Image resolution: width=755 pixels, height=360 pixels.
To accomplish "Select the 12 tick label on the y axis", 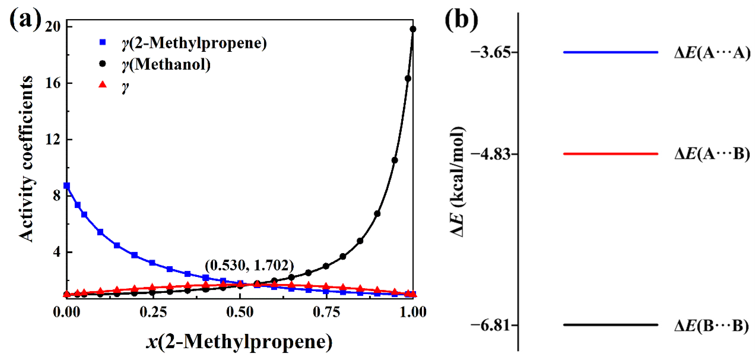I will (x=53, y=140).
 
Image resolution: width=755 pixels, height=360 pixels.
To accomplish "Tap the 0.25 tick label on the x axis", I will (x=153, y=312).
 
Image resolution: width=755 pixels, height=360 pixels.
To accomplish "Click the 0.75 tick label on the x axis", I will (x=326, y=312).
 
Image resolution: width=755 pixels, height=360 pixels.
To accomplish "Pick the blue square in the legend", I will (x=103, y=42).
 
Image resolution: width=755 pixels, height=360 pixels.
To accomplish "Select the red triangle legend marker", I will (x=103, y=85).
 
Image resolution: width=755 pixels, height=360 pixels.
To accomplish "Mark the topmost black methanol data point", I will (x=413, y=29).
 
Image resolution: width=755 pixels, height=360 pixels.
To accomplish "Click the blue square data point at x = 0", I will (x=67, y=186).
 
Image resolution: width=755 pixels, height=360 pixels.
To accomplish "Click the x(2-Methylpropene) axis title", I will (x=239, y=341).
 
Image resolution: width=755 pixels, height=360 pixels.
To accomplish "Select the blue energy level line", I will (x=611, y=52).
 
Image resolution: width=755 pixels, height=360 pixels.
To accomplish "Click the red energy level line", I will (x=611, y=154).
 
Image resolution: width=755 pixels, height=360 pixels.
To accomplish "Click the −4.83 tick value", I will (x=490, y=154).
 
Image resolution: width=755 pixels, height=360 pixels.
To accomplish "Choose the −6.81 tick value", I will (x=490, y=325).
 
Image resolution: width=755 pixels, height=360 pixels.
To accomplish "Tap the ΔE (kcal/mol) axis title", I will (x=457, y=182).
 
